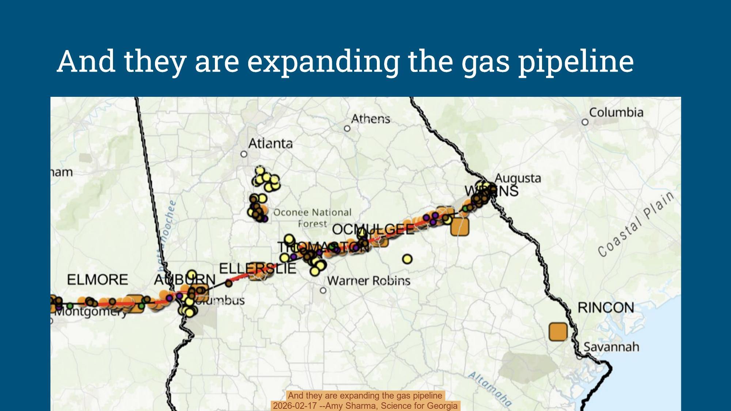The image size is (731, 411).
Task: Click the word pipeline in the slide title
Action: [576, 61]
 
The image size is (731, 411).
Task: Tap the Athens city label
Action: [371, 119]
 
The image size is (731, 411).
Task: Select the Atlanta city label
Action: [270, 144]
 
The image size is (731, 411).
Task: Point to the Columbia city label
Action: [616, 112]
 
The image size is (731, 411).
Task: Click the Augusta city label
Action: [518, 178]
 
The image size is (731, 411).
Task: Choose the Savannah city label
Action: [611, 346]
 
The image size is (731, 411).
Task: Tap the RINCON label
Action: [606, 308]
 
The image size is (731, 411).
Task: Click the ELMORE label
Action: [98, 280]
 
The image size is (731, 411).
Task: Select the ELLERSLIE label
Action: [257, 269]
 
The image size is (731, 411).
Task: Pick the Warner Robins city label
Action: [368, 281]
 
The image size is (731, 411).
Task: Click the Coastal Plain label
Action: [636, 224]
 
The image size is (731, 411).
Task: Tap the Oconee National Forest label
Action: [312, 218]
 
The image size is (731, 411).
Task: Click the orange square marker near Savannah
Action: [558, 332]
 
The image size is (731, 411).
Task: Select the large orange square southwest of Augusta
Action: [459, 227]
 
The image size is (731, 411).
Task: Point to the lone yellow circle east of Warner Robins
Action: [407, 259]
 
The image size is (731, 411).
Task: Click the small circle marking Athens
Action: [347, 128]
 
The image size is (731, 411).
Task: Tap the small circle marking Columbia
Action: [585, 122]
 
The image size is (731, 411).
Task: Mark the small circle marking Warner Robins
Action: [323, 290]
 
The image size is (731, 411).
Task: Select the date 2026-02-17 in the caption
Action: [295, 406]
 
